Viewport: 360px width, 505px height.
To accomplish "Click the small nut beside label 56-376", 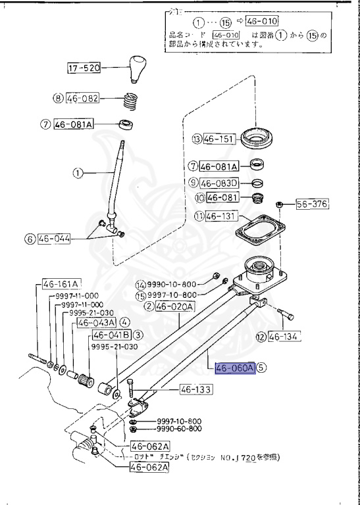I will (279, 204).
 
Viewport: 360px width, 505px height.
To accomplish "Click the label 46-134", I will (285, 337).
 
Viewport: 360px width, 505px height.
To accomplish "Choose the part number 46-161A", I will (61, 284).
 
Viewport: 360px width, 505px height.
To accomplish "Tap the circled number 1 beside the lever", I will (77, 174).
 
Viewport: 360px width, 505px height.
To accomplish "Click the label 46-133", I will (195, 389).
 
